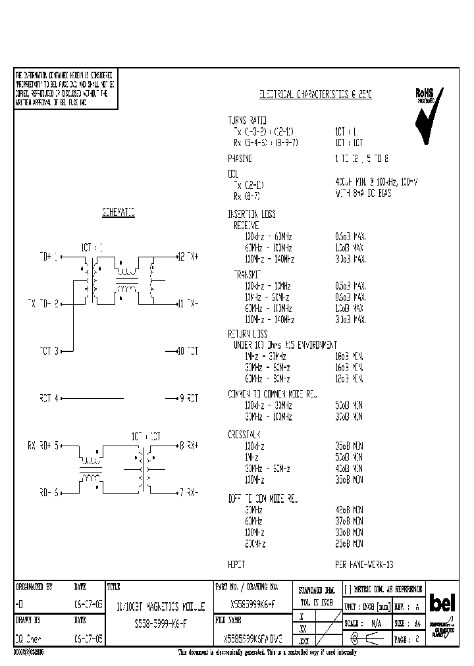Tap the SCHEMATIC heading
(x=118, y=213)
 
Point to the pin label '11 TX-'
(x=188, y=303)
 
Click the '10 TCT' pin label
(x=188, y=351)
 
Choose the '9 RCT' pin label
(x=188, y=398)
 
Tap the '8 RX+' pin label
(x=188, y=446)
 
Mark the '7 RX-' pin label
(x=188, y=492)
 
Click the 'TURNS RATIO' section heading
(x=247, y=121)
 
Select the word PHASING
(x=240, y=159)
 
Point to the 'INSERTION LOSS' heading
(x=251, y=215)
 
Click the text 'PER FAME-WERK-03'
(x=364, y=564)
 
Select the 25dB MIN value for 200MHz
(x=349, y=544)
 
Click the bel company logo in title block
(x=442, y=603)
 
